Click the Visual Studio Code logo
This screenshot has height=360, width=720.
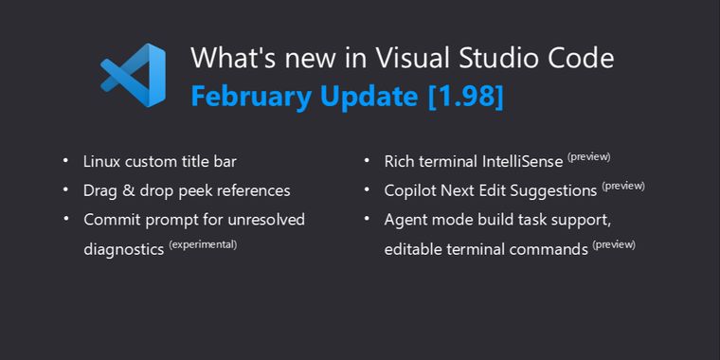click(133, 77)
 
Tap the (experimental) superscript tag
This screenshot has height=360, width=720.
click(203, 244)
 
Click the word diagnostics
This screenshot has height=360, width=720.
click(123, 250)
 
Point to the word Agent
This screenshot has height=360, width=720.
click(405, 220)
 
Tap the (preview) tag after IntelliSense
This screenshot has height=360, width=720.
click(588, 156)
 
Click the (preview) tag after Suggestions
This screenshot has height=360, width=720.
click(623, 186)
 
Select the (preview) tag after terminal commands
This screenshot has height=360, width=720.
click(614, 244)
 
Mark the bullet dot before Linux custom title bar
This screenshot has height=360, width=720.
click(65, 160)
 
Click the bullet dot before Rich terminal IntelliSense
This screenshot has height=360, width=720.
click(367, 160)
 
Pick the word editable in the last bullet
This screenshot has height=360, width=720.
click(414, 250)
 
